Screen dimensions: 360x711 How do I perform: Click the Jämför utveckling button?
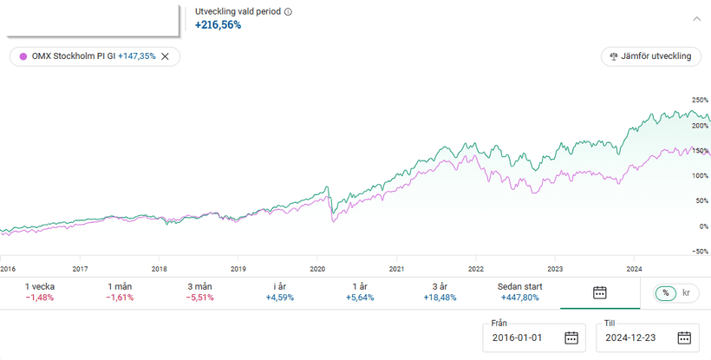[x=651, y=56]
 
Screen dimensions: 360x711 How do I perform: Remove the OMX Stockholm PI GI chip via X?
[x=165, y=56]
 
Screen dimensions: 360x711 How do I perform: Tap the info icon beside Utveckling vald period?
[x=288, y=12]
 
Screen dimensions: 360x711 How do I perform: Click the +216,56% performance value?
[x=218, y=25]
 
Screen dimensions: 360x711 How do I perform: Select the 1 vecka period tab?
[x=41, y=292]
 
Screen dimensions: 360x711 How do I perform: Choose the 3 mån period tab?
[x=199, y=292]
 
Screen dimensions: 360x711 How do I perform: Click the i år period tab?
[x=278, y=292]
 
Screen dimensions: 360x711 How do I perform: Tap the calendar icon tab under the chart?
[x=599, y=292]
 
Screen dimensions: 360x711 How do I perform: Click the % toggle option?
[x=666, y=293]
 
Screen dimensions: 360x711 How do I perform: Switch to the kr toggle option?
[x=687, y=293]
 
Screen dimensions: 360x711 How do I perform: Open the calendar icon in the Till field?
[x=683, y=337]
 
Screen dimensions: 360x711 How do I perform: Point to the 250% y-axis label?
[x=699, y=101]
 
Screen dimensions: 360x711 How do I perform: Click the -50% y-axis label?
[x=699, y=252]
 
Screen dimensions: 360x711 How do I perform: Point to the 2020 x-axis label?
[x=317, y=269]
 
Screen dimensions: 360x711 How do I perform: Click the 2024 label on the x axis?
[x=634, y=269]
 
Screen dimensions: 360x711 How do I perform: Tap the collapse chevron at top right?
[x=696, y=17]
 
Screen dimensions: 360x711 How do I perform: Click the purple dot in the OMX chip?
[x=23, y=56]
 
